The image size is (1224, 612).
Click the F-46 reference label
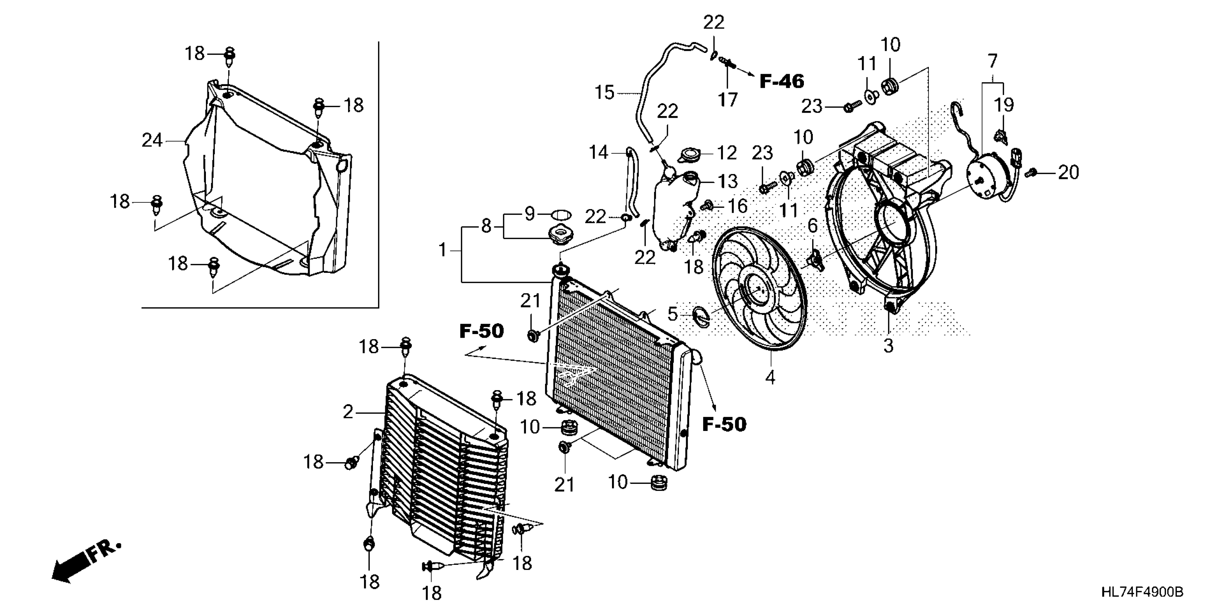[x=782, y=81]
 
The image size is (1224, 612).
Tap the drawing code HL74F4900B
[x=1142, y=592]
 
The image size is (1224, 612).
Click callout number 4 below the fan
[x=770, y=377]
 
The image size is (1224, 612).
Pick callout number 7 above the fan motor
[x=993, y=61]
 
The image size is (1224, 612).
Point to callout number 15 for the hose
[x=605, y=92]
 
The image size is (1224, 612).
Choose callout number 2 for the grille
[x=348, y=412]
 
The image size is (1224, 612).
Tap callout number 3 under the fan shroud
[x=888, y=346]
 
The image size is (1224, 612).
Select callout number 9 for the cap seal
[x=530, y=214]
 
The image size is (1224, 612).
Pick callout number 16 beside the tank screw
[x=738, y=206]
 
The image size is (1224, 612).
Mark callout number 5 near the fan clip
[x=672, y=314]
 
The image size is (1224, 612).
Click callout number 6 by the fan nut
[x=813, y=226]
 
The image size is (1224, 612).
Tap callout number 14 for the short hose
[x=598, y=153]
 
